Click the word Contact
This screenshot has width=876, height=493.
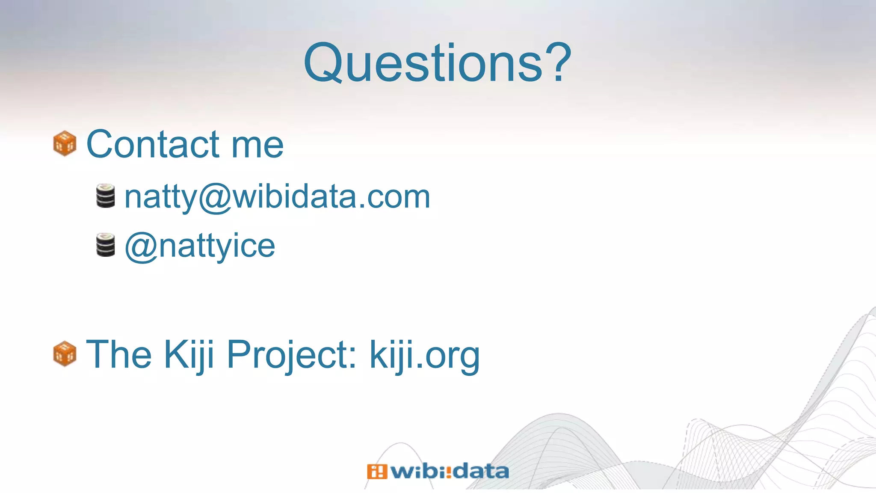(153, 144)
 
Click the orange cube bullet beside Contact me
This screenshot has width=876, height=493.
(65, 143)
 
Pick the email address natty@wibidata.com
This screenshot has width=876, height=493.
(277, 197)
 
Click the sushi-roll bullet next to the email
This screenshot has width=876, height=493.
(105, 196)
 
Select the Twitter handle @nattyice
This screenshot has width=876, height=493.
(200, 246)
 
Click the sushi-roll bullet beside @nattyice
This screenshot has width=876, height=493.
(105, 245)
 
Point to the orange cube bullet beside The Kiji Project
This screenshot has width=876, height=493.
(65, 353)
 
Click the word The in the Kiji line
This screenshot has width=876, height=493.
(119, 354)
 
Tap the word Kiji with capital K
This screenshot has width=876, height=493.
(189, 355)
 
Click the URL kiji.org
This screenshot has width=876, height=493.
(424, 355)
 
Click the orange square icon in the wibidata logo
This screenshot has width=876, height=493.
(376, 472)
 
